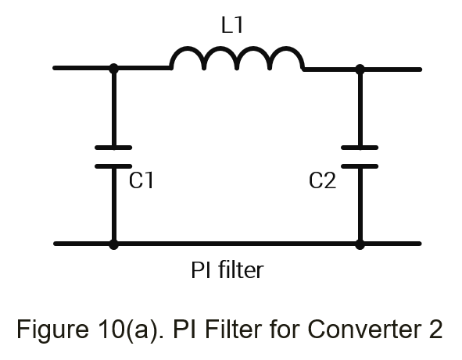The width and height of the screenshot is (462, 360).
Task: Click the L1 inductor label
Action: [x=232, y=25]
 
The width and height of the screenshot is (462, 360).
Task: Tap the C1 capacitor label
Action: [x=141, y=180]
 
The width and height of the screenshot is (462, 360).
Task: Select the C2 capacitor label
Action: [x=322, y=180]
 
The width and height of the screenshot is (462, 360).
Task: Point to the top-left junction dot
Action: [x=113, y=68]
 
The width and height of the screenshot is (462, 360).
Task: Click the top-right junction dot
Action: [x=360, y=70]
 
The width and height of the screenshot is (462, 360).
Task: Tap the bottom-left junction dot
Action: [x=113, y=244]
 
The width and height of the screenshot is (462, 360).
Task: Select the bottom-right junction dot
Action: [x=360, y=244]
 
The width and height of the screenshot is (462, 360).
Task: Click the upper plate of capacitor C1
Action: [x=113, y=148]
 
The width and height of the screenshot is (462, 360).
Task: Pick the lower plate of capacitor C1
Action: [x=113, y=166]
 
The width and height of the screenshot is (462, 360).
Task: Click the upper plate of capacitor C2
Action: [x=360, y=148]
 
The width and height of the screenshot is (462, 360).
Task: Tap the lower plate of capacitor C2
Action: [x=360, y=166]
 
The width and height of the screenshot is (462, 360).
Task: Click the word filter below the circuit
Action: [x=241, y=269]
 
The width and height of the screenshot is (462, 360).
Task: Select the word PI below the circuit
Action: [x=201, y=270]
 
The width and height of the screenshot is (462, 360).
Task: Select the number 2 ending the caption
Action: [x=435, y=329]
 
